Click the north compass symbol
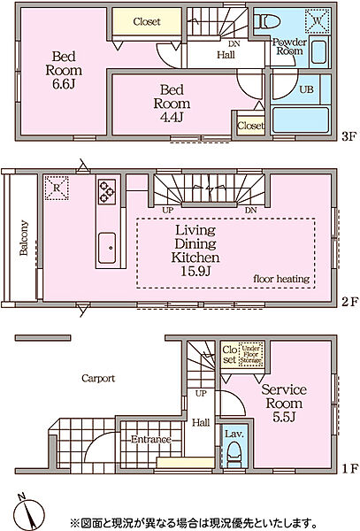(x=29, y=512)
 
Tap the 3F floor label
(x=349, y=137)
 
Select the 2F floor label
(x=349, y=302)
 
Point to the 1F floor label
(x=349, y=469)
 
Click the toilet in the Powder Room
(x=268, y=21)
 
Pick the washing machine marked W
(x=317, y=21)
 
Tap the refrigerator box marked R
(x=57, y=188)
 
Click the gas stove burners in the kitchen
(x=107, y=192)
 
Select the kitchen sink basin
(x=107, y=248)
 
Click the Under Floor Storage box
(x=251, y=355)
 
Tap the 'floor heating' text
(x=281, y=279)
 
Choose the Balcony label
(x=23, y=238)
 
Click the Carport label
(x=98, y=378)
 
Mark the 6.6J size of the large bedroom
(x=64, y=84)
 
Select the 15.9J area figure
(x=195, y=272)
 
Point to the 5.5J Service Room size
(x=284, y=417)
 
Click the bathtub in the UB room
(x=301, y=120)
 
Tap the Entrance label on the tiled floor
(x=151, y=440)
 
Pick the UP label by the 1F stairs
(x=201, y=394)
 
